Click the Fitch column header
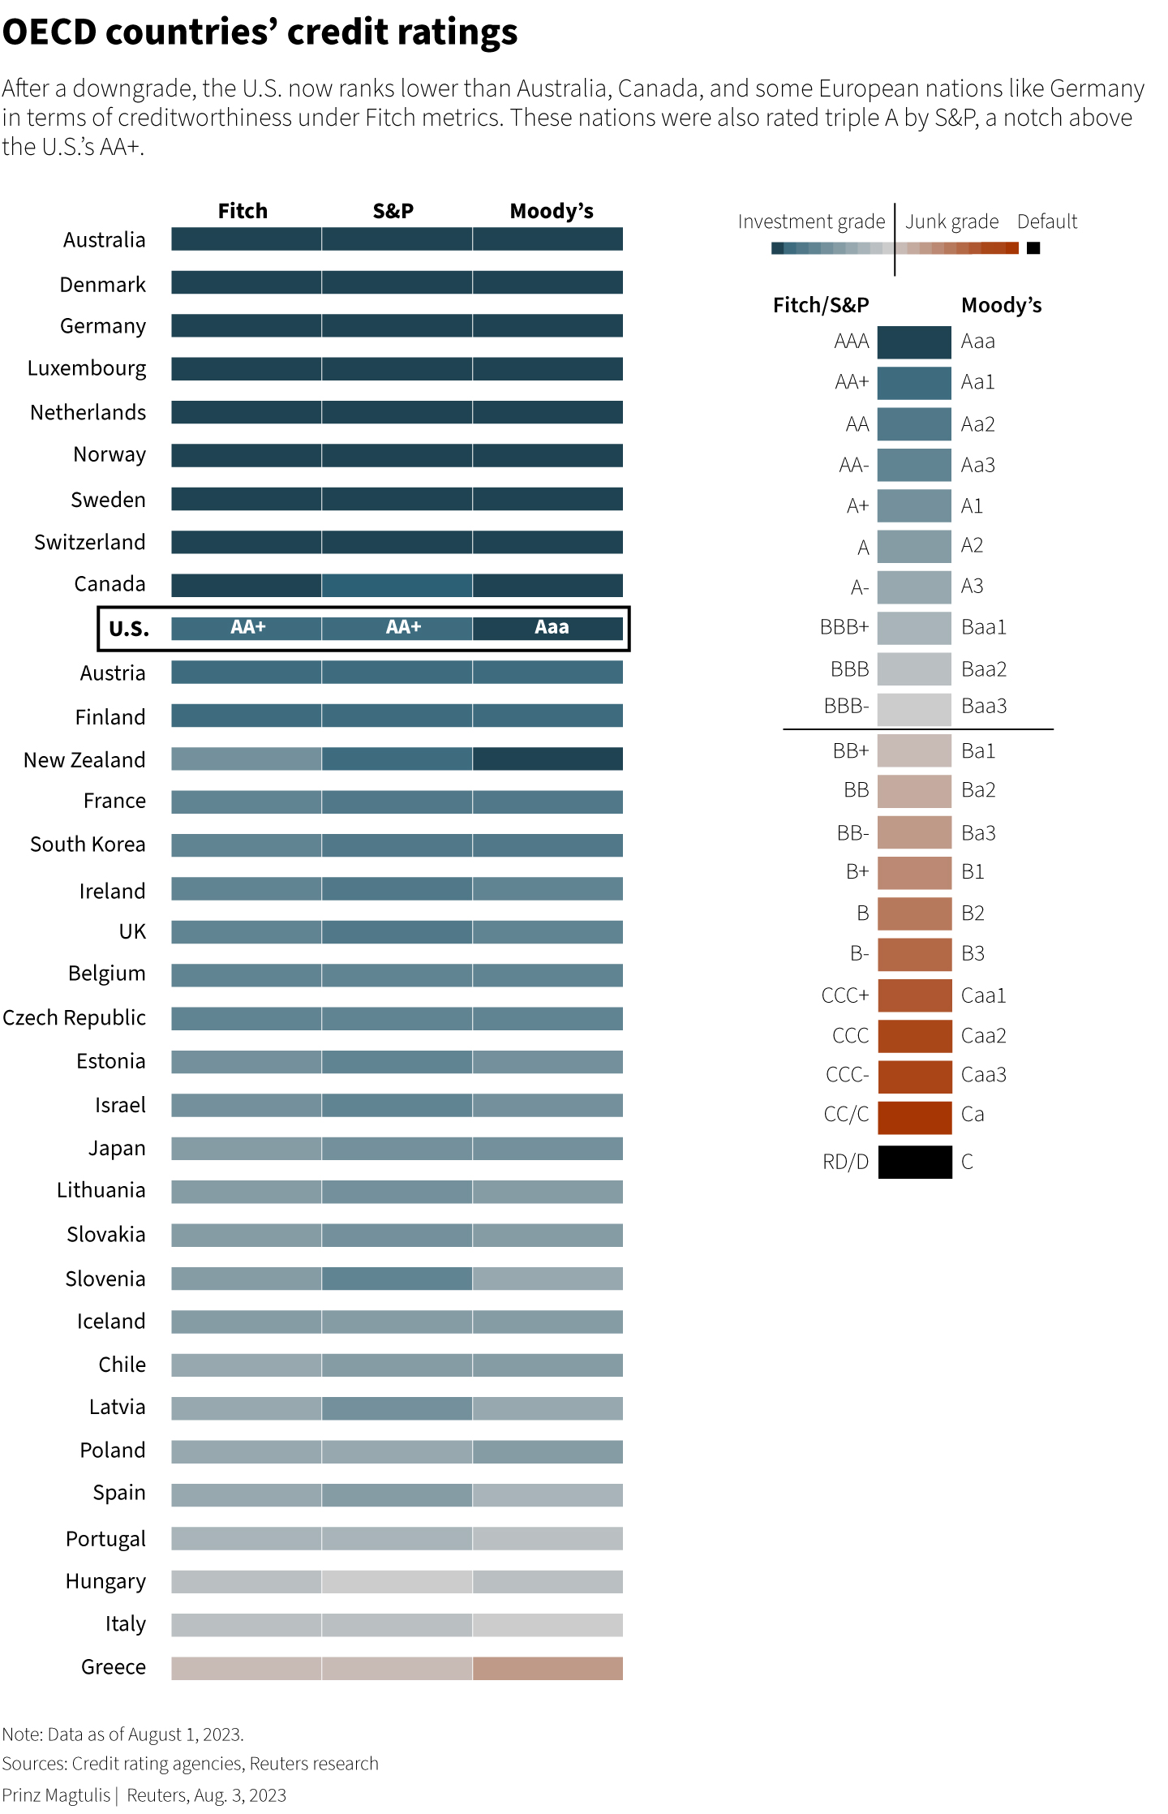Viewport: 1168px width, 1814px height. [243, 211]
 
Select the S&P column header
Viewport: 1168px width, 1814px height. [393, 211]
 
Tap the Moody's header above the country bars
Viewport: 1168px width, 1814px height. [552, 211]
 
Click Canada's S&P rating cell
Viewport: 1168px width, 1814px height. [397, 585]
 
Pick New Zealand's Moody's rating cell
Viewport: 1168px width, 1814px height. [547, 759]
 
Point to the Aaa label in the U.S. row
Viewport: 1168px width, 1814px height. [552, 627]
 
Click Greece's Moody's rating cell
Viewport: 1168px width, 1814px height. [547, 1668]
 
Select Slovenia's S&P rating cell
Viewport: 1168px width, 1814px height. [397, 1278]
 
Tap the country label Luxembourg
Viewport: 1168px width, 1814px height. [87, 368]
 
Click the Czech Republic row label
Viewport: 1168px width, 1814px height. [75, 1017]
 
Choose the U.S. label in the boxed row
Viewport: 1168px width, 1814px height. [129, 629]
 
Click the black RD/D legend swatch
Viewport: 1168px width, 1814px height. [914, 1161]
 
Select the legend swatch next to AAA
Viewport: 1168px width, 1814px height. [914, 342]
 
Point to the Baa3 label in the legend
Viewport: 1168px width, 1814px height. [984, 707]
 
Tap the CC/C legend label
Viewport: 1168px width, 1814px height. [846, 1115]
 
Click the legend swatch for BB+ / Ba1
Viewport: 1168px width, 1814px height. [914, 750]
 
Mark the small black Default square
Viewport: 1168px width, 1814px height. [1033, 248]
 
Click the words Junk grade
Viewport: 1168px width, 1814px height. [952, 221]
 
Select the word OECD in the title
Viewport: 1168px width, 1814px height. [49, 32]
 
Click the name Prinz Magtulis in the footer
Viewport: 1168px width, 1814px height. [56, 1795]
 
